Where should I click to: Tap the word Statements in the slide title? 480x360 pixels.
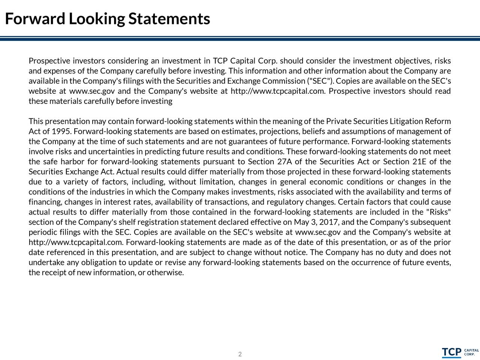[x=169, y=19]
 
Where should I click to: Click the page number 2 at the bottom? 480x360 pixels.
[x=240, y=354]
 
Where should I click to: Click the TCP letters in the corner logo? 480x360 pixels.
[x=451, y=352]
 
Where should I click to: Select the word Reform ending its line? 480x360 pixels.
[x=438, y=121]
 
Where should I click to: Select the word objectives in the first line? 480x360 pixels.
[x=412, y=61]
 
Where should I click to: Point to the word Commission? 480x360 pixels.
[x=284, y=81]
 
